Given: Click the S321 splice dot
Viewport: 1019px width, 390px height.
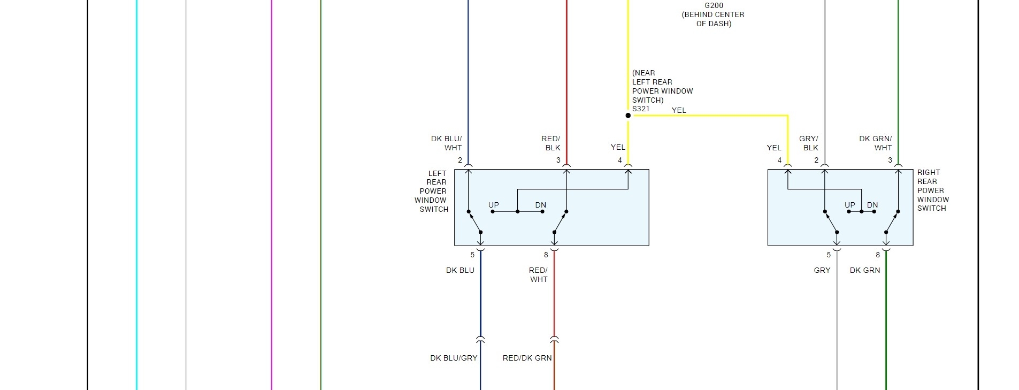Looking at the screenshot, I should pos(628,116).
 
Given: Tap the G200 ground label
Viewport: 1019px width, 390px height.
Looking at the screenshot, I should pos(714,6).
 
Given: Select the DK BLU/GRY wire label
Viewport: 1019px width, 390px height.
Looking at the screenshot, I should pos(454,358).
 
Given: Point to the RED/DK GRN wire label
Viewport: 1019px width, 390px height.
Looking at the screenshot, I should pos(527,358).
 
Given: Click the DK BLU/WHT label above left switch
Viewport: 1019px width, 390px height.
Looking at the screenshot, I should pos(447,143).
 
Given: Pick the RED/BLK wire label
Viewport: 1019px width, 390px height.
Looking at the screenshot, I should pos(551,143).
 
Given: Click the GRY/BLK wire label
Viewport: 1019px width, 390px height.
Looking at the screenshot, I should pos(809,143).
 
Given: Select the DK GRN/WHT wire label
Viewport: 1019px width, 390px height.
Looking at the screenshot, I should pos(876,143).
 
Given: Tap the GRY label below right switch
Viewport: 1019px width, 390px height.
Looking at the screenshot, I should pos(822,270).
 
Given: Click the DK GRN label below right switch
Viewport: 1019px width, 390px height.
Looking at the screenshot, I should pos(865,270).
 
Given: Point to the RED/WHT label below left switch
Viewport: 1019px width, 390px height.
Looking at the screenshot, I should pos(538,274).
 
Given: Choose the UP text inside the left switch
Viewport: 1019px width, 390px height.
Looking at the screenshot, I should pos(494,205).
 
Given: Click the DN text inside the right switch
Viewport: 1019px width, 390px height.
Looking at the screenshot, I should pos(872,205).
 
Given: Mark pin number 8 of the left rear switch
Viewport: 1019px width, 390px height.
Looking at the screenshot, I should pos(546,255).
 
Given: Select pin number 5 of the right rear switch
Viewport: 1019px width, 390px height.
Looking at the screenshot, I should pos(829,255).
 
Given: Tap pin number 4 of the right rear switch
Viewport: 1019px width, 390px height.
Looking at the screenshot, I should pos(779,160).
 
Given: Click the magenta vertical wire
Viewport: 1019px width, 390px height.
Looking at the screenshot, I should pos(272,214).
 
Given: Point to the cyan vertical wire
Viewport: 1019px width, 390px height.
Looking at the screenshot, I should pos(136,214).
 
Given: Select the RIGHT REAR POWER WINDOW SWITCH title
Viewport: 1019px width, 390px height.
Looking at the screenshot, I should pos(933,190).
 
